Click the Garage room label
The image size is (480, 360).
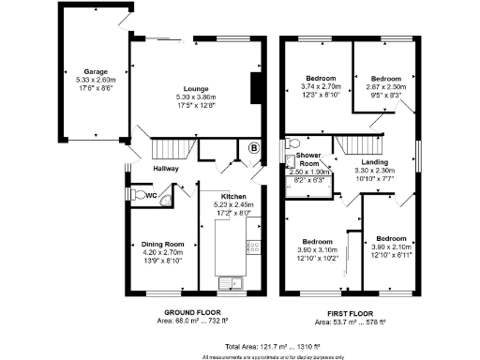tap(94, 71)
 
